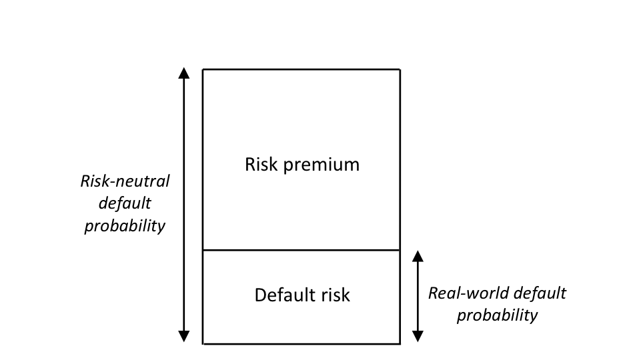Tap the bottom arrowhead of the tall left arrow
(x=185, y=337)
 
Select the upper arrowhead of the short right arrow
(x=418, y=256)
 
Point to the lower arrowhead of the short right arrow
(x=418, y=337)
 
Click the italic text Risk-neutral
(x=125, y=181)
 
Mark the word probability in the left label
(x=124, y=226)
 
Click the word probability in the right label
(x=497, y=315)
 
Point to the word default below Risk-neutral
(x=125, y=204)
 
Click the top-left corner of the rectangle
(x=203, y=69)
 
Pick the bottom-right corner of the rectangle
(x=400, y=344)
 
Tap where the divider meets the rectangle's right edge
(x=400, y=250)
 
